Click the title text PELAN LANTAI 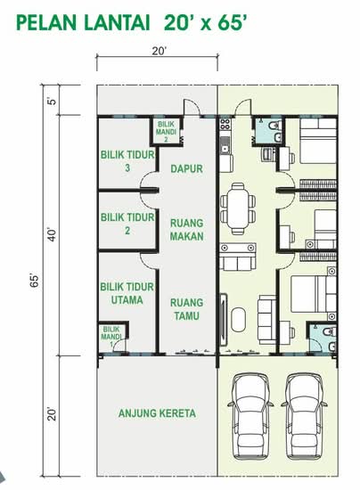tap(83, 23)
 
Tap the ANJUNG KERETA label tap(157, 413)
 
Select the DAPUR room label tap(186, 168)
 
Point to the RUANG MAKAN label tap(187, 230)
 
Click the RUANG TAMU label tap(186, 309)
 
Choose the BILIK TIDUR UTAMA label tap(127, 293)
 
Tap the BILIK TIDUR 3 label tap(127, 161)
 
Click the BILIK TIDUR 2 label tap(127, 224)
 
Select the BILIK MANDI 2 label tap(166, 132)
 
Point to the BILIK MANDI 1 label tap(111, 337)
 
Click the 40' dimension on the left tap(52, 235)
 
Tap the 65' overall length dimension tap(34, 281)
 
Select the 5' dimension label tap(52, 101)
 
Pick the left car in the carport tap(250, 417)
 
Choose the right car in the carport tap(304, 417)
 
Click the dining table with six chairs tap(238, 208)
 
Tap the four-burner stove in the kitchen tap(225, 124)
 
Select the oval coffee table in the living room tap(239, 319)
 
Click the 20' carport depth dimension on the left tap(52, 413)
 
